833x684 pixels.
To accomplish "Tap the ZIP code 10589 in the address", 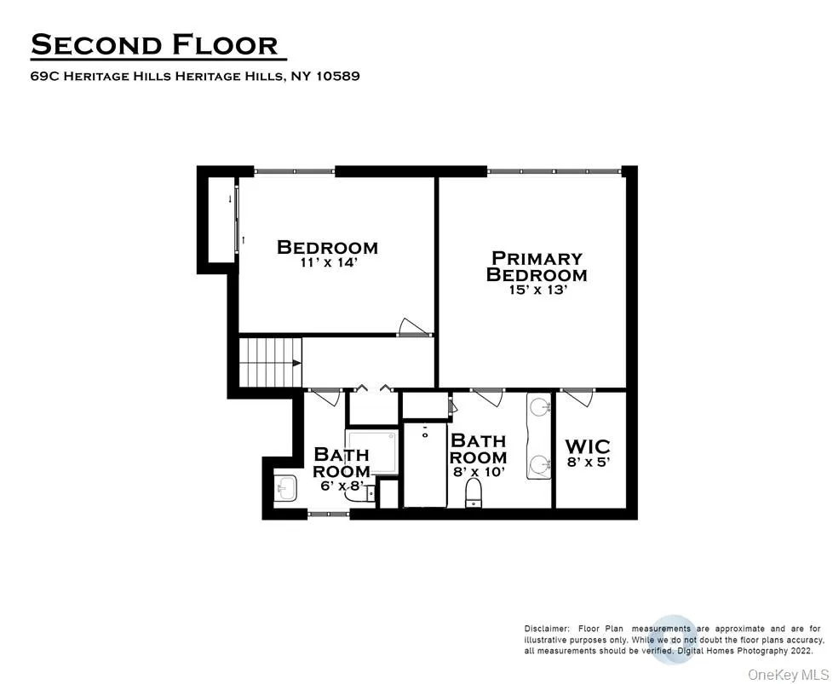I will tap(337, 76).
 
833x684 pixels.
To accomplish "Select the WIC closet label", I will tap(588, 446).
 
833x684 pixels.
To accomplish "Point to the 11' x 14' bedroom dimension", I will tap(327, 262).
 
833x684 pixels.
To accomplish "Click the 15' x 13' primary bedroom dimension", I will tap(536, 290).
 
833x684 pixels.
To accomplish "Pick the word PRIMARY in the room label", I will tap(537, 257).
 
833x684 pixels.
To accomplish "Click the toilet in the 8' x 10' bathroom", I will tap(474, 491).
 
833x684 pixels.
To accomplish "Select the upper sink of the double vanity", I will tap(538, 407).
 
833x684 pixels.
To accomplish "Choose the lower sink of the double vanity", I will tap(538, 465).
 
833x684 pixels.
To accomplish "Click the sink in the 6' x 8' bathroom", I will tap(284, 488).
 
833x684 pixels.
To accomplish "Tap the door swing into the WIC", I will tap(579, 395).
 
